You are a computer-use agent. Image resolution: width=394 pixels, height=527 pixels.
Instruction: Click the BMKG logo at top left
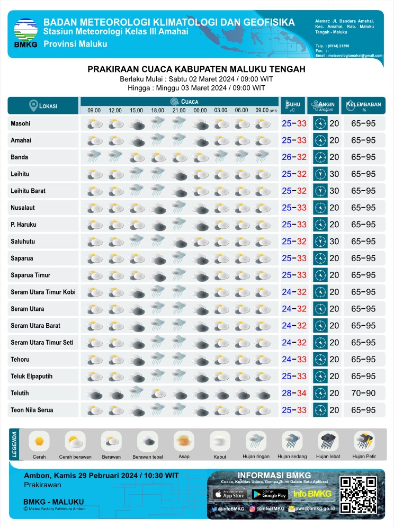point(25,33)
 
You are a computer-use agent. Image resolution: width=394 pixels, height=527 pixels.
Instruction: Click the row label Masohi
point(21,123)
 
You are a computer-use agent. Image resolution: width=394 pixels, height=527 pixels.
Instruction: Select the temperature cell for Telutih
point(294,393)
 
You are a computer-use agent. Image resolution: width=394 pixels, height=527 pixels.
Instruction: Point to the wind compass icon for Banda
point(319,157)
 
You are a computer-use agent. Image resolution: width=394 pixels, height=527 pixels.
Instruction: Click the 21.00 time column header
point(178,110)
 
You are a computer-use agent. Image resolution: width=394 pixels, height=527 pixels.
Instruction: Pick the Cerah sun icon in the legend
point(39,441)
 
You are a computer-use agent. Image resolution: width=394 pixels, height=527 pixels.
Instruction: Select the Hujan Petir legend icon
point(364,441)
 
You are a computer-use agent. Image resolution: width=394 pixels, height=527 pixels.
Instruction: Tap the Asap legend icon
point(184,441)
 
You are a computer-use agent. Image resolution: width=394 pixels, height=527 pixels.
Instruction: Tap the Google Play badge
point(270,494)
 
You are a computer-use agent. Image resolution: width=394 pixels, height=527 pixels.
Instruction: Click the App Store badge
point(230,494)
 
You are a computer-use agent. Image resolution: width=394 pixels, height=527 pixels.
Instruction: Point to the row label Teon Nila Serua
point(32,410)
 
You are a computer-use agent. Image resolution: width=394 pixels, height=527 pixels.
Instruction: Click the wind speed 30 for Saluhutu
point(335,242)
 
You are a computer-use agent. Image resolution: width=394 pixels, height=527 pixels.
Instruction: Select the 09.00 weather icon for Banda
point(94,157)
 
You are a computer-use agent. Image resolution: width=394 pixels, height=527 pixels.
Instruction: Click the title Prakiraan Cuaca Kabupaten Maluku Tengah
point(196,69)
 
